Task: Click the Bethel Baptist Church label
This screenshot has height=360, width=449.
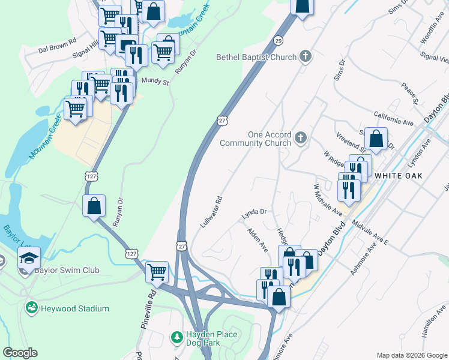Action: [x=257, y=58]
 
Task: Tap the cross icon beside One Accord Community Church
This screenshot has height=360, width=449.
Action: [x=301, y=139]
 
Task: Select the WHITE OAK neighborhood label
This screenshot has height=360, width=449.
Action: [x=398, y=176]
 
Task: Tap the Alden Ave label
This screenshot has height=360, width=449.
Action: [x=258, y=239]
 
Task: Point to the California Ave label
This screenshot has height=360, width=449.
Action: [x=394, y=118]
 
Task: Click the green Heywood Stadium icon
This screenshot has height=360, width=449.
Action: [x=31, y=308]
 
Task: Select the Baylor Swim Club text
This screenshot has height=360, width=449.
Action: [x=67, y=271]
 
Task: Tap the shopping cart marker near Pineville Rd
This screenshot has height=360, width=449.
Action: [x=157, y=271]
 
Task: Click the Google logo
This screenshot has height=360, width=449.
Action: [x=20, y=353]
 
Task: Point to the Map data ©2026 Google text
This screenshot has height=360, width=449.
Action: [x=412, y=355]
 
